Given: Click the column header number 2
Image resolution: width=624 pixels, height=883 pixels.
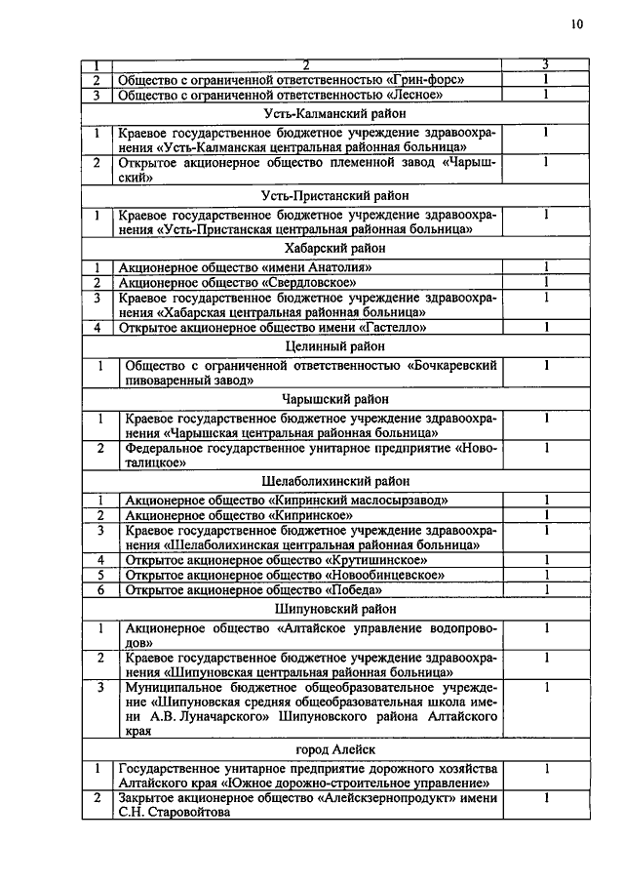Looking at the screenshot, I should coord(305,64).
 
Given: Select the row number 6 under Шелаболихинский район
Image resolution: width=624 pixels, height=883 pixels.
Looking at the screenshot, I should coord(98,589).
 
